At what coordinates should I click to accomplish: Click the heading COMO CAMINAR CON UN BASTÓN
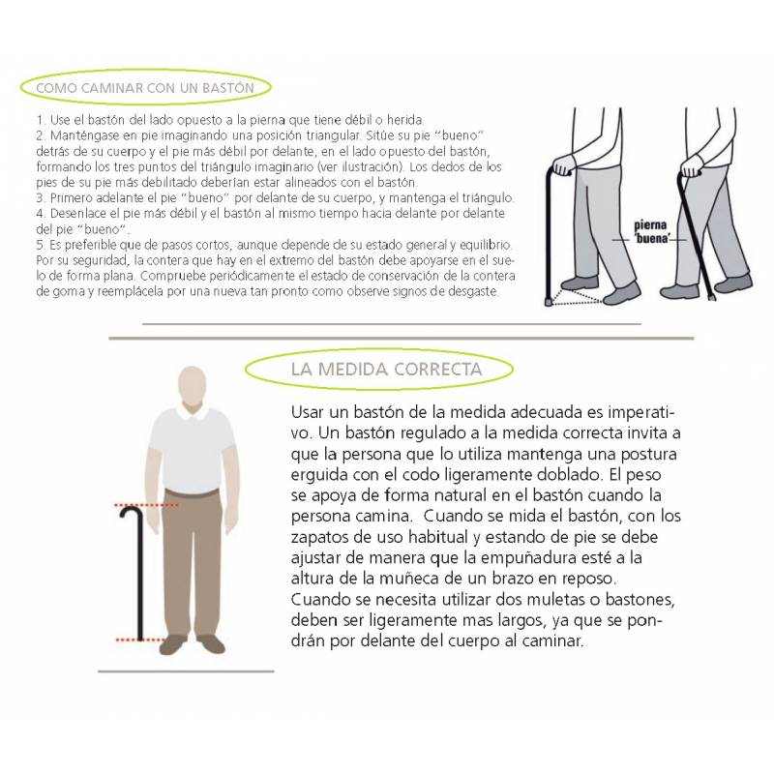coord(145,88)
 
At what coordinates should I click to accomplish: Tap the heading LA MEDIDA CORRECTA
coord(386,370)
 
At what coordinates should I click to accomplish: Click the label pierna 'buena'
coord(651,232)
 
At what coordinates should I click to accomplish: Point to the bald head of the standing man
coord(192,386)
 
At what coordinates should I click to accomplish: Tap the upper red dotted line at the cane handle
coord(146,505)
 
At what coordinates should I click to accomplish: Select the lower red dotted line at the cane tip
coord(139,640)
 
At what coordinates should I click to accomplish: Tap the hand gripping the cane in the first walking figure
coord(563,164)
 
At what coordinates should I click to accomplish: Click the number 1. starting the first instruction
coord(41,120)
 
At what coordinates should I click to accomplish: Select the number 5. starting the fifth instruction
coord(41,245)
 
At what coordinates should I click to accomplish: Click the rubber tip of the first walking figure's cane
coord(549,301)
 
